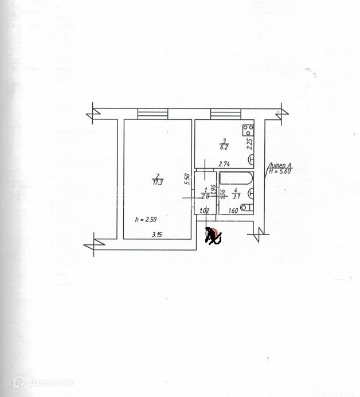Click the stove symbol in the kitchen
coord(248,129)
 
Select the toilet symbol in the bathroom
coord(246,208)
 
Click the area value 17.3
coord(158,182)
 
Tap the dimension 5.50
coord(187,178)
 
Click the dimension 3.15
coord(157,234)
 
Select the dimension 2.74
coord(225,164)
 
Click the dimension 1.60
coord(233,211)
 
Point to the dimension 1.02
coord(203,211)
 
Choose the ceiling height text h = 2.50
coord(144,219)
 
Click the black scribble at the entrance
coord(214,236)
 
